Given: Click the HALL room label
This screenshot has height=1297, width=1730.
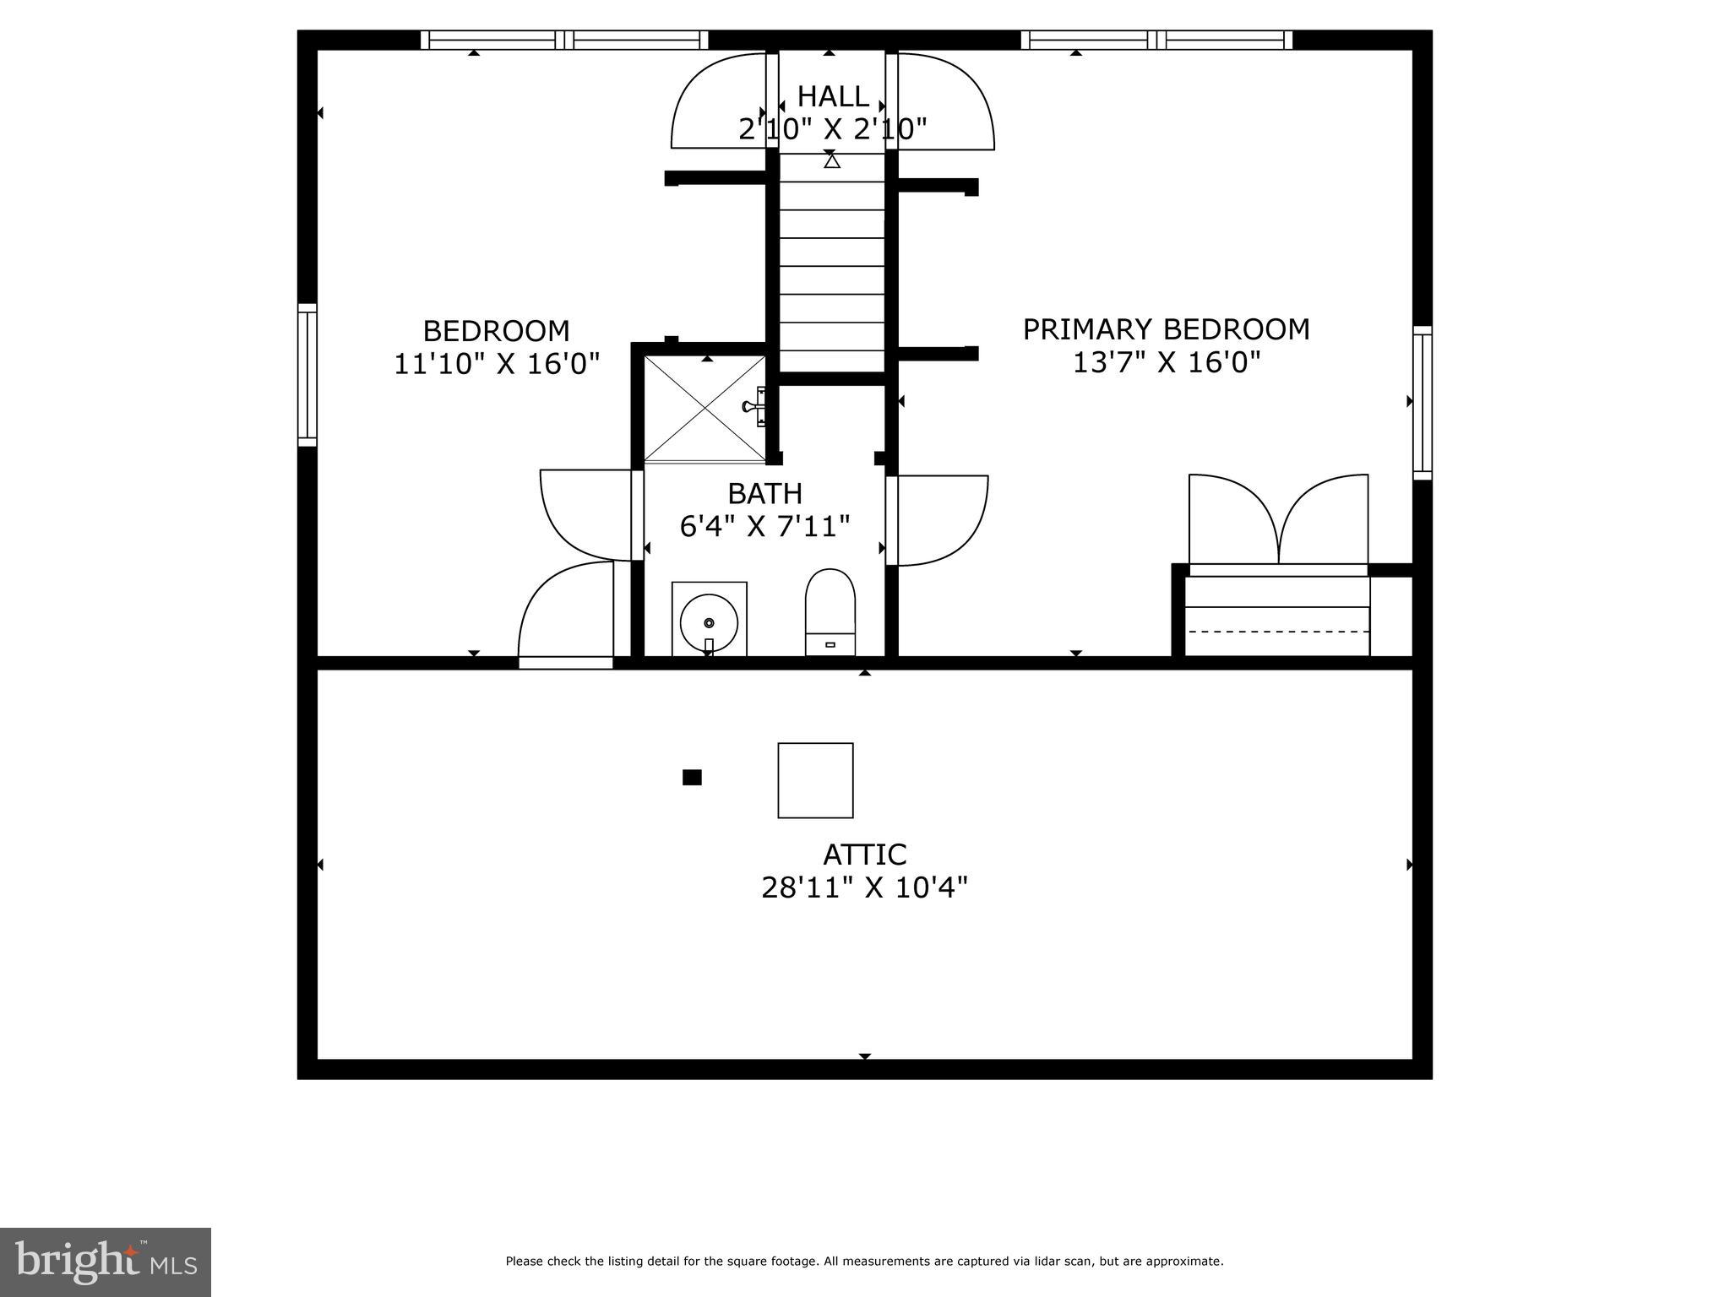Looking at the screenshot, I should click(832, 96).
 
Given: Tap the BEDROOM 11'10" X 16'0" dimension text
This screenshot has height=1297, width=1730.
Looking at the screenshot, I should click(497, 364).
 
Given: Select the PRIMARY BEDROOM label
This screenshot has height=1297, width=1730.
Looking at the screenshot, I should click(1166, 329).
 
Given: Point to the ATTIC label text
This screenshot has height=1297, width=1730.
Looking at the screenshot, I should click(864, 855).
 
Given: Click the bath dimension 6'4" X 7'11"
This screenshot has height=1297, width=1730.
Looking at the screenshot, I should click(764, 527).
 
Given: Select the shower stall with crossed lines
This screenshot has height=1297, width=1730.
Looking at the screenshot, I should click(705, 409).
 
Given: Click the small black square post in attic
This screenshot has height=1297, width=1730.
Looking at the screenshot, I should click(692, 778).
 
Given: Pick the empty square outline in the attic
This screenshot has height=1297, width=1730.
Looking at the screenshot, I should click(815, 780).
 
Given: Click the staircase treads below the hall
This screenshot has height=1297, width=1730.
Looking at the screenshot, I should click(831, 266).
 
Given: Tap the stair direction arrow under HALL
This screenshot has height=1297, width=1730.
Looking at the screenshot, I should click(832, 160).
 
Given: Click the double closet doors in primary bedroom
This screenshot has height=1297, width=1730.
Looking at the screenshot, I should click(1278, 521).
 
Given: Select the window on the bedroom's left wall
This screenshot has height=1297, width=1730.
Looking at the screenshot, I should click(307, 374).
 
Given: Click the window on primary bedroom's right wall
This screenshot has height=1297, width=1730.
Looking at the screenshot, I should click(1423, 403).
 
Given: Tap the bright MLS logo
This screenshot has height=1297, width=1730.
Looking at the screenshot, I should click(106, 1261).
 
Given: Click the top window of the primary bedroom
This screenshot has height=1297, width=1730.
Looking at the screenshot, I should click(1156, 40).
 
